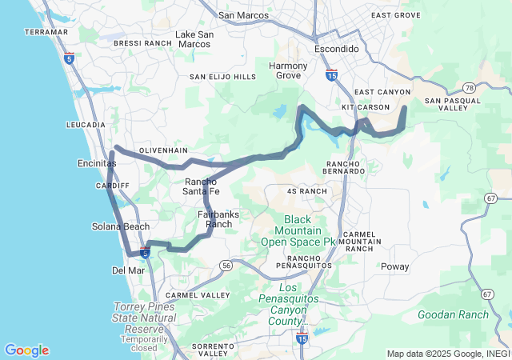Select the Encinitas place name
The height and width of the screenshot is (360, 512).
[x=93, y=163]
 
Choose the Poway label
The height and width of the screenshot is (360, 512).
[x=394, y=266]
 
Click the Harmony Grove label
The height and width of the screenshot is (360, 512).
[x=288, y=70]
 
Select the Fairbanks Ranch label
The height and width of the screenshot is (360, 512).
[x=218, y=219]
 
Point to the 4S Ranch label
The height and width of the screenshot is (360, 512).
[x=307, y=191]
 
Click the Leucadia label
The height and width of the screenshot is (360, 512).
[x=86, y=125]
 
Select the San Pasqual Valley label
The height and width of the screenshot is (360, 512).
[x=453, y=105]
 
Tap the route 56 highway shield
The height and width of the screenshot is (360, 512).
[x=226, y=265]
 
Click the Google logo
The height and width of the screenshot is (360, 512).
[x=26, y=350]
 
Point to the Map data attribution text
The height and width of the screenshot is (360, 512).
[x=448, y=354]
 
